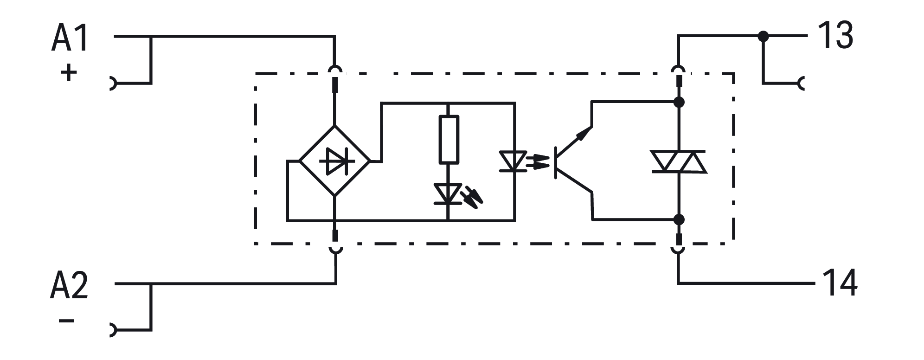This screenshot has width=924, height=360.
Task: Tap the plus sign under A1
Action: click(x=68, y=73)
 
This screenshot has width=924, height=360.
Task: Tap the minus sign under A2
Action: click(x=67, y=321)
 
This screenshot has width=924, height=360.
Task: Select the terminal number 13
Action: click(x=835, y=36)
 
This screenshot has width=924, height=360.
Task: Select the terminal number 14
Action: click(x=840, y=283)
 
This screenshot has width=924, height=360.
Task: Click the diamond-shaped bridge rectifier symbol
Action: click(x=334, y=161)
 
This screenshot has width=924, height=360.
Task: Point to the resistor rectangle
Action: click(x=448, y=140)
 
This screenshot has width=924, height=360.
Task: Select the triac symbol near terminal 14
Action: click(x=679, y=161)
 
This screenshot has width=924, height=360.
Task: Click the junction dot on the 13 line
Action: click(x=763, y=36)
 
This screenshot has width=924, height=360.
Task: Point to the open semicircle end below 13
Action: click(x=802, y=84)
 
